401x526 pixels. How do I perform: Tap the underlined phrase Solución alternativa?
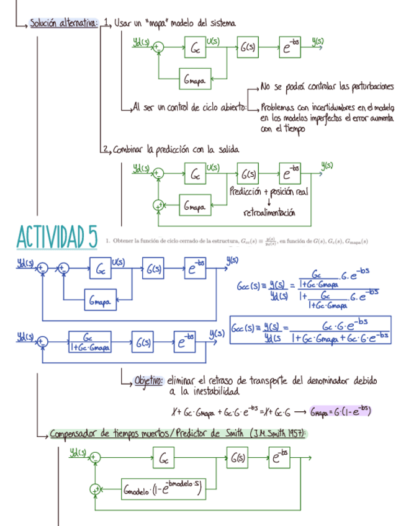pos(64,24)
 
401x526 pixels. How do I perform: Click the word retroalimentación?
pos(269,213)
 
